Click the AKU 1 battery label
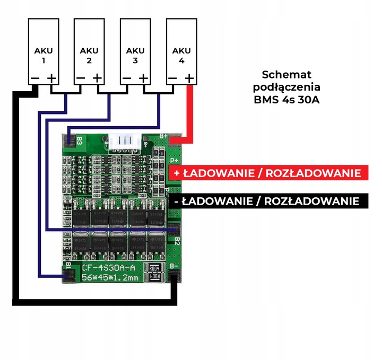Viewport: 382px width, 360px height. coord(43,56)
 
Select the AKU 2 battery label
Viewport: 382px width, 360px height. coord(89,56)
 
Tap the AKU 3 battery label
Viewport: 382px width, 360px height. coord(135,56)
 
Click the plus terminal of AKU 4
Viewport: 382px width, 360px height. coord(189,78)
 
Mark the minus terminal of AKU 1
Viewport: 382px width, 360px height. coord(34,78)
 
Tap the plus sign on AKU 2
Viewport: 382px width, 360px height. coord(97,78)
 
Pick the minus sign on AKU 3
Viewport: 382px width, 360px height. coord(126,78)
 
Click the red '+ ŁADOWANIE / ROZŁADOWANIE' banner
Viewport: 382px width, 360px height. coord(267,173)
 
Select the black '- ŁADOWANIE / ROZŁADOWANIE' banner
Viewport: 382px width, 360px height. coord(267,201)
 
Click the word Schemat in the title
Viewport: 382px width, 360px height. coord(287,75)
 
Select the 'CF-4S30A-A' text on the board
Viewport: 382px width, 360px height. coord(112,267)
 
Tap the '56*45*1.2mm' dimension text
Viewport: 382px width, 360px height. coord(112,277)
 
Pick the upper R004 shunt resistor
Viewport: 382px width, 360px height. coord(154,268)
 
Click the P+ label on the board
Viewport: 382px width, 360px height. coord(173,160)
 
